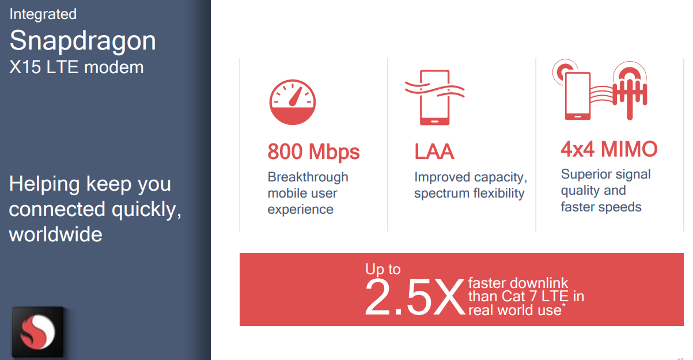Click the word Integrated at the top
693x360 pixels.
click(x=43, y=15)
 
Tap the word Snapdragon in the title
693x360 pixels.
click(x=82, y=41)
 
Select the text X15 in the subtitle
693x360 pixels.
click(x=25, y=67)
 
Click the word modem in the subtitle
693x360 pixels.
click(x=114, y=67)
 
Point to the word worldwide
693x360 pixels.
click(x=56, y=234)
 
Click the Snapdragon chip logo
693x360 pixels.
click(x=38, y=332)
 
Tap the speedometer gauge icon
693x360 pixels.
click(x=293, y=103)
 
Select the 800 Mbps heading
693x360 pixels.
click(x=313, y=151)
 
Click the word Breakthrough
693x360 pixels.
click(x=308, y=177)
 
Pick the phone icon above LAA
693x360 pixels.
click(x=435, y=97)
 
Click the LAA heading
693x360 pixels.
click(x=434, y=151)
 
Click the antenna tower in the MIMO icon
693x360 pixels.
click(x=630, y=90)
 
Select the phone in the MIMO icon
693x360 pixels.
click(x=578, y=96)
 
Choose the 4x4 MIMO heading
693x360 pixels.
click(x=609, y=149)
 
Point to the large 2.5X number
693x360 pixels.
click(x=415, y=297)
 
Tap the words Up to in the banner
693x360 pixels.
click(x=383, y=269)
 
